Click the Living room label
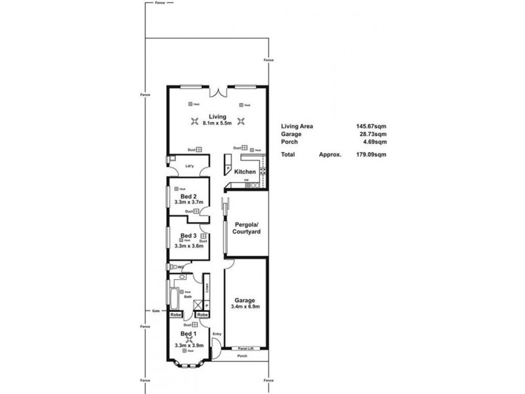pos(218,116)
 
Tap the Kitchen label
pos(245,172)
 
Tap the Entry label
pos(217,334)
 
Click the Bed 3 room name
pos(189,235)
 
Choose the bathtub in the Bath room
pos(175,299)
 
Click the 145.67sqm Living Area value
pos(371,126)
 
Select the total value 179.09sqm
pos(371,154)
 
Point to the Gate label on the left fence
pos(156,311)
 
